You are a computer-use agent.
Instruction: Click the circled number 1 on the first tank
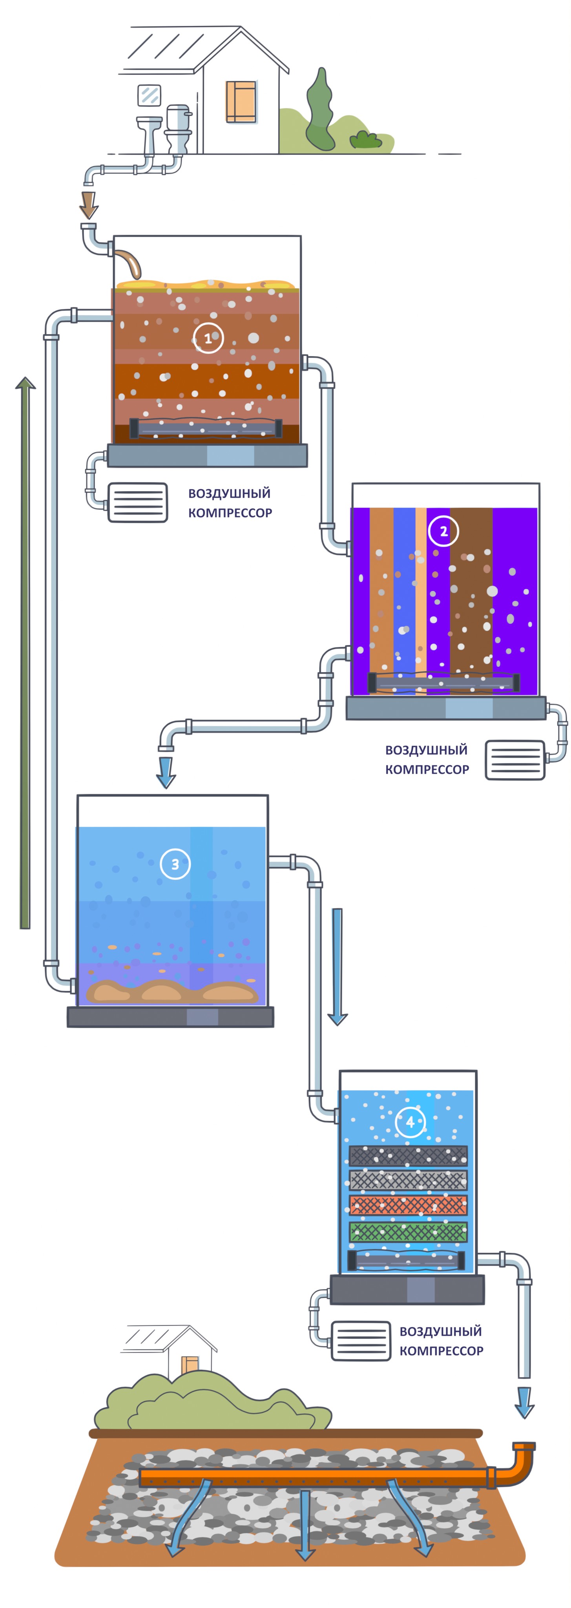[208, 338]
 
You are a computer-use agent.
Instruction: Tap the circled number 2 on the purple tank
[444, 531]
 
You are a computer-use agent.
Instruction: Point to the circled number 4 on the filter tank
[410, 1122]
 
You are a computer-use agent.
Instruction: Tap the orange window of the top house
[241, 101]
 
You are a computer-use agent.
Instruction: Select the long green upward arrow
[25, 652]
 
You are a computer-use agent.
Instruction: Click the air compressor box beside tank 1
[138, 502]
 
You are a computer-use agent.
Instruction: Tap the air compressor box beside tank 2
[515, 760]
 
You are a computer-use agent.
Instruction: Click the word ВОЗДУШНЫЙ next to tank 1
[230, 493]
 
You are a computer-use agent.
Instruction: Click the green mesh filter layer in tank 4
[408, 1232]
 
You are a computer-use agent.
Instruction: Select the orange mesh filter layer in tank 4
[408, 1205]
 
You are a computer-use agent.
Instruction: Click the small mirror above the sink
[149, 95]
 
